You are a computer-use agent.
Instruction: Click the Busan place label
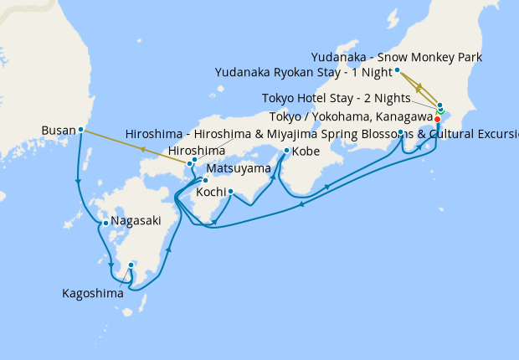point(58,131)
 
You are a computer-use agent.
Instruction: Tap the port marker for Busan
point(80,130)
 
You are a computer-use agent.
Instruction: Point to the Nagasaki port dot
point(105,223)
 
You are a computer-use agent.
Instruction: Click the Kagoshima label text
point(93,293)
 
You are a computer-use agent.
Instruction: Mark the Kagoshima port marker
point(131,265)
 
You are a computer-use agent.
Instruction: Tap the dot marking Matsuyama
point(205,181)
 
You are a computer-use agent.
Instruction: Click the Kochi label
point(209,192)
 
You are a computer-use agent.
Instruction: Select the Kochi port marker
point(230,192)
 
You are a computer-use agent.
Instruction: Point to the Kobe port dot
point(286,151)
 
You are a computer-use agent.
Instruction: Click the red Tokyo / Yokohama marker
point(437,119)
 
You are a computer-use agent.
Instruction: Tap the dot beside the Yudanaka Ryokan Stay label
point(397,70)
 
